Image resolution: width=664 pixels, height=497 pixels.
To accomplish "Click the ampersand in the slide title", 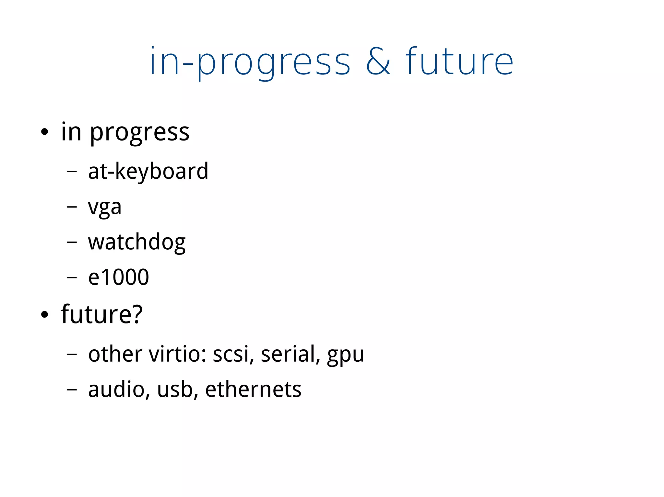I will pos(378,62).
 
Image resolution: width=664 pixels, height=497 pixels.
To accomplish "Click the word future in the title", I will pos(459,62).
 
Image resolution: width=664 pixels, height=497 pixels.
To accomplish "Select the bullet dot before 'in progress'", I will pos(44,132).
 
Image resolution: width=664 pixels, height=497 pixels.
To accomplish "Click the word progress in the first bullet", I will pos(139,133).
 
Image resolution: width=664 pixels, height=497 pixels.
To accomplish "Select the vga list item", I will pos(105,207).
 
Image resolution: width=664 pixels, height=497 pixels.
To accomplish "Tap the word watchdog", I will pos(136,242).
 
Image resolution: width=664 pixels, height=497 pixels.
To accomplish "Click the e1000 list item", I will pos(118,277).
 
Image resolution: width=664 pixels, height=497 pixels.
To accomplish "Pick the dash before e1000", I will pos(72,277).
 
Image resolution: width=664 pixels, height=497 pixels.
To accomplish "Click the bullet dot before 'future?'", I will pos(44,314).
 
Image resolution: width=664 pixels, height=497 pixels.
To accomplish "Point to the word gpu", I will pos(346,356).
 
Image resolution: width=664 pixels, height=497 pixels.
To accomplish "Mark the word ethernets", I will pos(253,389).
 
